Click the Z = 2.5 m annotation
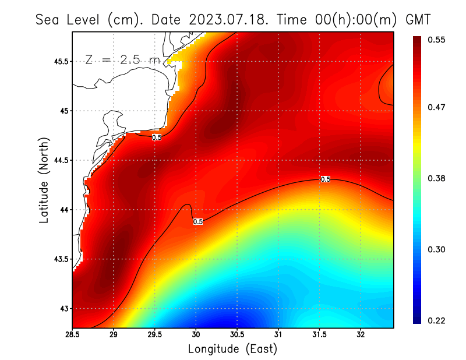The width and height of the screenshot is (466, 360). (122, 59)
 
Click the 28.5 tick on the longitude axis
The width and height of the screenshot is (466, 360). (72, 335)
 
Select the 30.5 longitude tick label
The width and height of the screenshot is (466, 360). (237, 335)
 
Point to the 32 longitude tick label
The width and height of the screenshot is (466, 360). (361, 335)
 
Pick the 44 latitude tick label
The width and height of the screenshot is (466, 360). (64, 210)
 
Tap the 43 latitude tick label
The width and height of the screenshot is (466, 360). (64, 308)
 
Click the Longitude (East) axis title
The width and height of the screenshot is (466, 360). (232, 349)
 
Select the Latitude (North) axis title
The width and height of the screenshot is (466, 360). (44, 179)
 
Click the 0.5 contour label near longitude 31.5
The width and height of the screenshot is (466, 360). (326, 179)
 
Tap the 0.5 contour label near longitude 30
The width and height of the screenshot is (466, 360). (197, 221)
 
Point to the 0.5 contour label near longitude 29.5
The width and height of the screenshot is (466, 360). (157, 137)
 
